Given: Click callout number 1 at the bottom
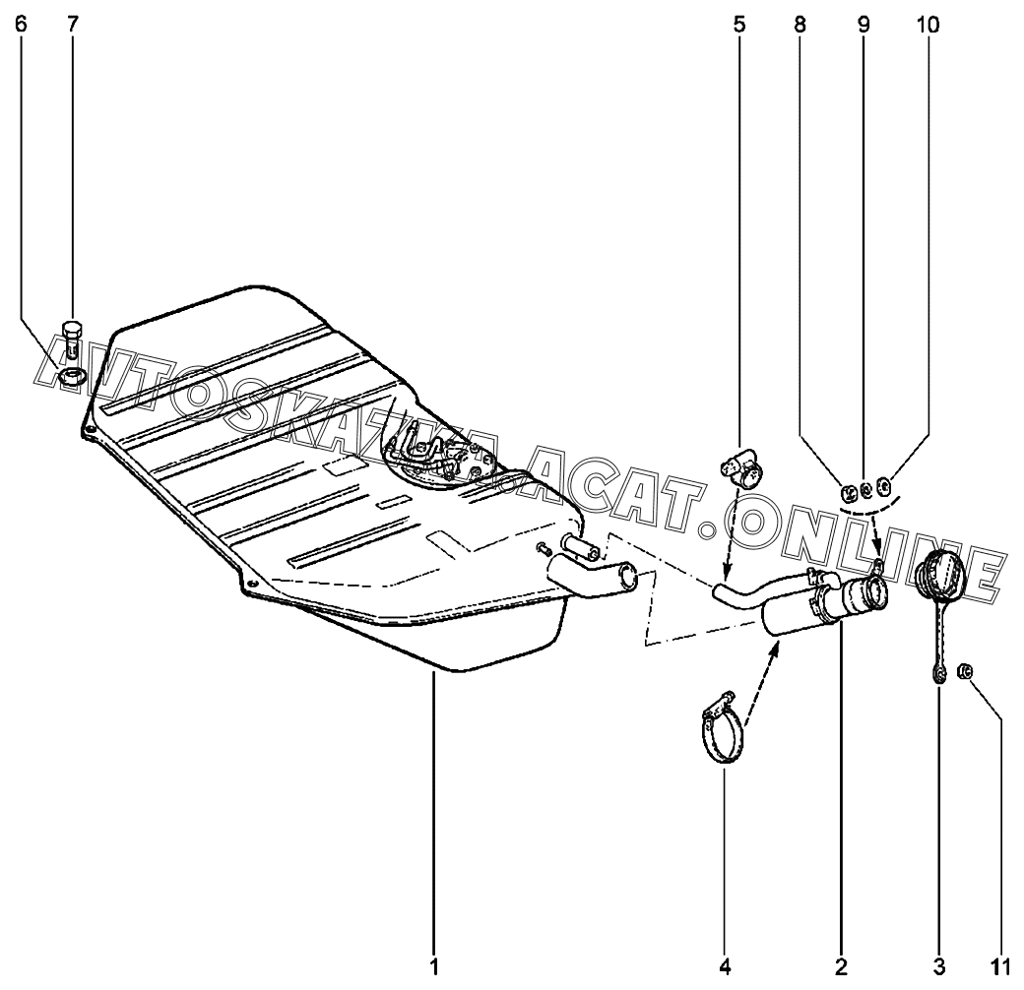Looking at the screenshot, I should point(433,967).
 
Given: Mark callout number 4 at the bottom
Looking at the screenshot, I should point(725,967).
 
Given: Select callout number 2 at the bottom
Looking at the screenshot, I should point(840,967).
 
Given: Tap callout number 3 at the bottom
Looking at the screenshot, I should point(938,967).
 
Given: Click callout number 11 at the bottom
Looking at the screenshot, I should point(1001,967).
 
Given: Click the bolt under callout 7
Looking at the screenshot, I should point(71,340).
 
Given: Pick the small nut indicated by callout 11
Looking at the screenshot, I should point(966,671).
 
